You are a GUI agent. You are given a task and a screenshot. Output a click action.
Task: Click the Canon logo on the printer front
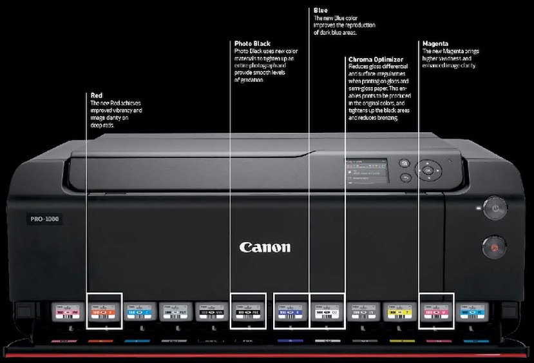(265, 247)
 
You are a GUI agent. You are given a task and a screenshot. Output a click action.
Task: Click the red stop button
(494, 246)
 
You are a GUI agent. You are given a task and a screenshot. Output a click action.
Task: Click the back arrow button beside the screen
(405, 177)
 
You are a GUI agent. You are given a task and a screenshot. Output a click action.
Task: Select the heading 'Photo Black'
(253, 43)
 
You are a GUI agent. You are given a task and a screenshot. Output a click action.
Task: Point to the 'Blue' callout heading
(320, 10)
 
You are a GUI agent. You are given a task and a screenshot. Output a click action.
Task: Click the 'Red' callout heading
(97, 95)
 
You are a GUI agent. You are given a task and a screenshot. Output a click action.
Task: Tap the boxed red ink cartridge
(104, 311)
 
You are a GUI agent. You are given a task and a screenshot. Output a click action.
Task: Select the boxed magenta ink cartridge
(435, 311)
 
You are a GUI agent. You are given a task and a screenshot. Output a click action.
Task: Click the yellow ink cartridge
(399, 311)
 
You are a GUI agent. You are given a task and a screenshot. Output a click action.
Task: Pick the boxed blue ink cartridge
(291, 311)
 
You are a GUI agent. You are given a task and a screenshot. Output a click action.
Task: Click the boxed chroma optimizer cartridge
(327, 311)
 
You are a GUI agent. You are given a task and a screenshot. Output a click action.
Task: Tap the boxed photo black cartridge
(248, 311)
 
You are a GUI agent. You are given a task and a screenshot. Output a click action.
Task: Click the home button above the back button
(405, 163)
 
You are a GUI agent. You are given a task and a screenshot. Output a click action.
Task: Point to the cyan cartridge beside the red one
(140, 311)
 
